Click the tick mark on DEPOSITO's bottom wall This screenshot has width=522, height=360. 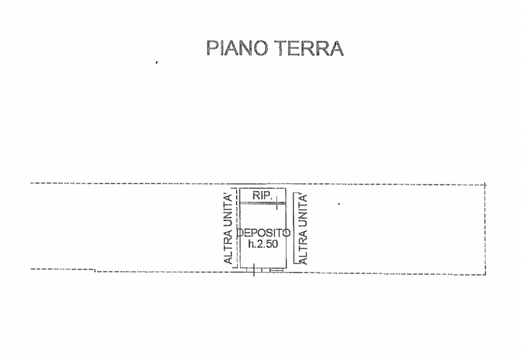[x=254, y=270]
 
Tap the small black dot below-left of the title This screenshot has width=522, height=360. [x=157, y=63]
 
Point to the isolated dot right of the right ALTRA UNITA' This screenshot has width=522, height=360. [x=339, y=204]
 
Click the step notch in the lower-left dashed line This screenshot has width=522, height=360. [x=96, y=270]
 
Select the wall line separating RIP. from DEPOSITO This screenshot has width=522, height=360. [x=261, y=203]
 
